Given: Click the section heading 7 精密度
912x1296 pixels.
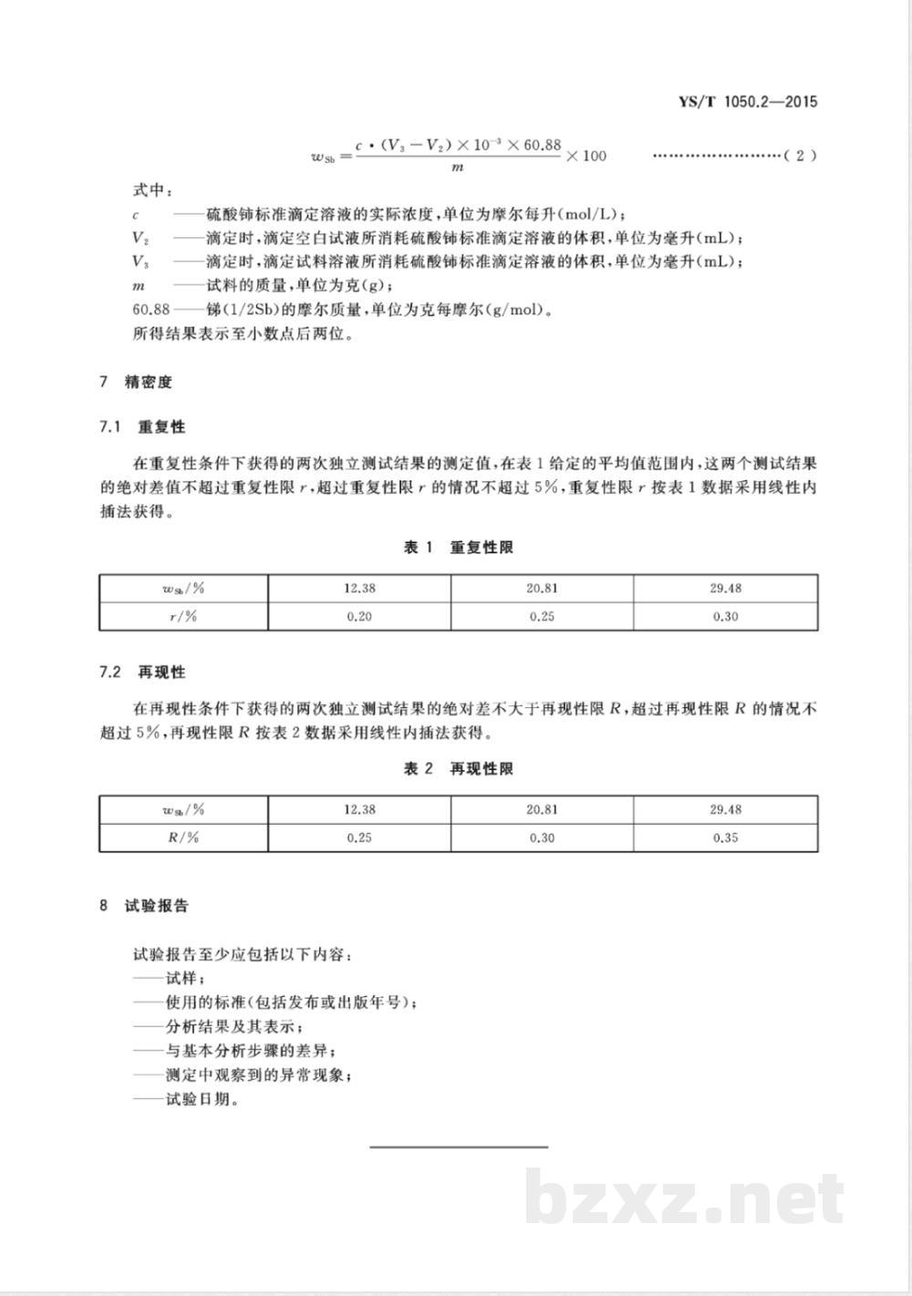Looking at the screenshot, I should coord(136,382).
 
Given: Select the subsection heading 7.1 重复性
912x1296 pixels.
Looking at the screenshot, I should coord(143,427).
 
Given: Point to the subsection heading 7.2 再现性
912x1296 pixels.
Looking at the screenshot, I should coord(143,672).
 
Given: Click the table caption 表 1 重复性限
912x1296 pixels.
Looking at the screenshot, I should coord(459,548).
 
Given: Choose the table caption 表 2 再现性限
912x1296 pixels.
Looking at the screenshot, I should coord(459,769).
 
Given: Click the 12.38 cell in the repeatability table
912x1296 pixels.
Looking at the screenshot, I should coord(359,589).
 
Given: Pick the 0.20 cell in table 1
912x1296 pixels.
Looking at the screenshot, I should coord(359,616).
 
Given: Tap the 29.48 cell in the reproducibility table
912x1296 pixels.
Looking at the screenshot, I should coord(725,809).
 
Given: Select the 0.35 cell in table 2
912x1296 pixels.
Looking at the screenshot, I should coord(725,838).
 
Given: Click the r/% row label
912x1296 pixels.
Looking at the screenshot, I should coord(183,616).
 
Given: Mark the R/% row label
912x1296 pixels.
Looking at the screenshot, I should coord(183,838).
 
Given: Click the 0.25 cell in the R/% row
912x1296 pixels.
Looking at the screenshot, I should coord(359,838).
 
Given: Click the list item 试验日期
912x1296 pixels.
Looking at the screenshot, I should coord(186,1099).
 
